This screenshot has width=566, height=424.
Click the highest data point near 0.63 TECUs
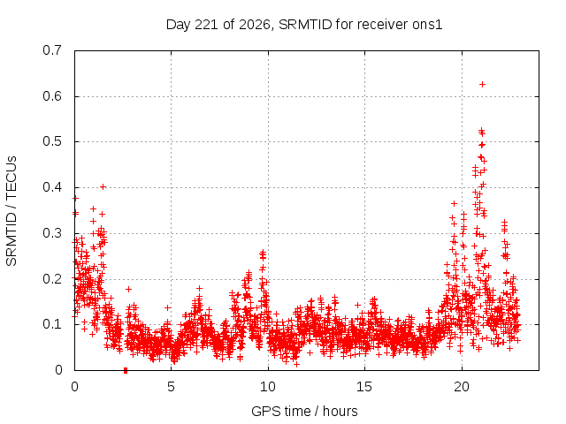pos(482,85)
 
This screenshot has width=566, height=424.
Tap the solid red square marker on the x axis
pos(126,370)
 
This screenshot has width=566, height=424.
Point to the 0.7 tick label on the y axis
pos(52,50)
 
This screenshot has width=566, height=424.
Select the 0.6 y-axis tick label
pos(52,96)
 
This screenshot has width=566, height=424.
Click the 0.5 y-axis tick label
pos(52,141)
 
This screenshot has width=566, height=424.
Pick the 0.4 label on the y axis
pos(52,187)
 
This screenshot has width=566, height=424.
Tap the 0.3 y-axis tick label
pos(52,233)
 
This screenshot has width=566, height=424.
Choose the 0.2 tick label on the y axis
pos(52,279)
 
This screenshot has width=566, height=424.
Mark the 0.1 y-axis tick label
pos(52,324)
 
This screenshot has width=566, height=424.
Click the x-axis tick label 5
pos(171,387)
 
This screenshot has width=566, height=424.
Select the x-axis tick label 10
pos(268,387)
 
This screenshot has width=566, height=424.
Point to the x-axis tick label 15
pos(364,387)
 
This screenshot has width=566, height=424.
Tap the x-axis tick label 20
pos(462,387)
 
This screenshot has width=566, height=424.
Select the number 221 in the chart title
pos(207,25)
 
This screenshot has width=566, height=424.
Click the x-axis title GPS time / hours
pos(304,412)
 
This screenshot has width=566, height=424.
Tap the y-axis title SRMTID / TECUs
pos(11,211)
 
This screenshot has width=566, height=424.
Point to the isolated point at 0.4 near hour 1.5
pos(103,186)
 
